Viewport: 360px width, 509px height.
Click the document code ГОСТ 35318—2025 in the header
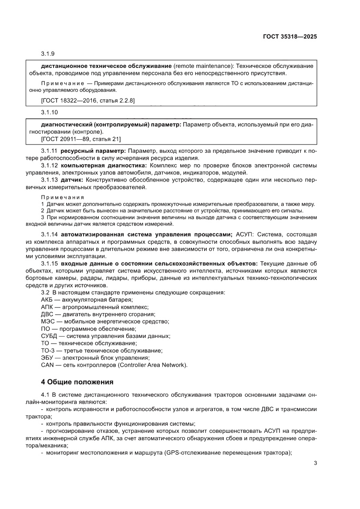point(289,37)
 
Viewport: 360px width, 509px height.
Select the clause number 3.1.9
point(48,54)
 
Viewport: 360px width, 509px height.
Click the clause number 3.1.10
point(49,112)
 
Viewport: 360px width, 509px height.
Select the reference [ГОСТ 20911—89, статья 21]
point(81,139)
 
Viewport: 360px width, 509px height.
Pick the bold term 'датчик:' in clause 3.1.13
point(72,180)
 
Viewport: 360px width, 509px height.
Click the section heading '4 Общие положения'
point(77,382)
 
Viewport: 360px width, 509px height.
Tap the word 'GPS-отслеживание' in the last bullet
point(192,452)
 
